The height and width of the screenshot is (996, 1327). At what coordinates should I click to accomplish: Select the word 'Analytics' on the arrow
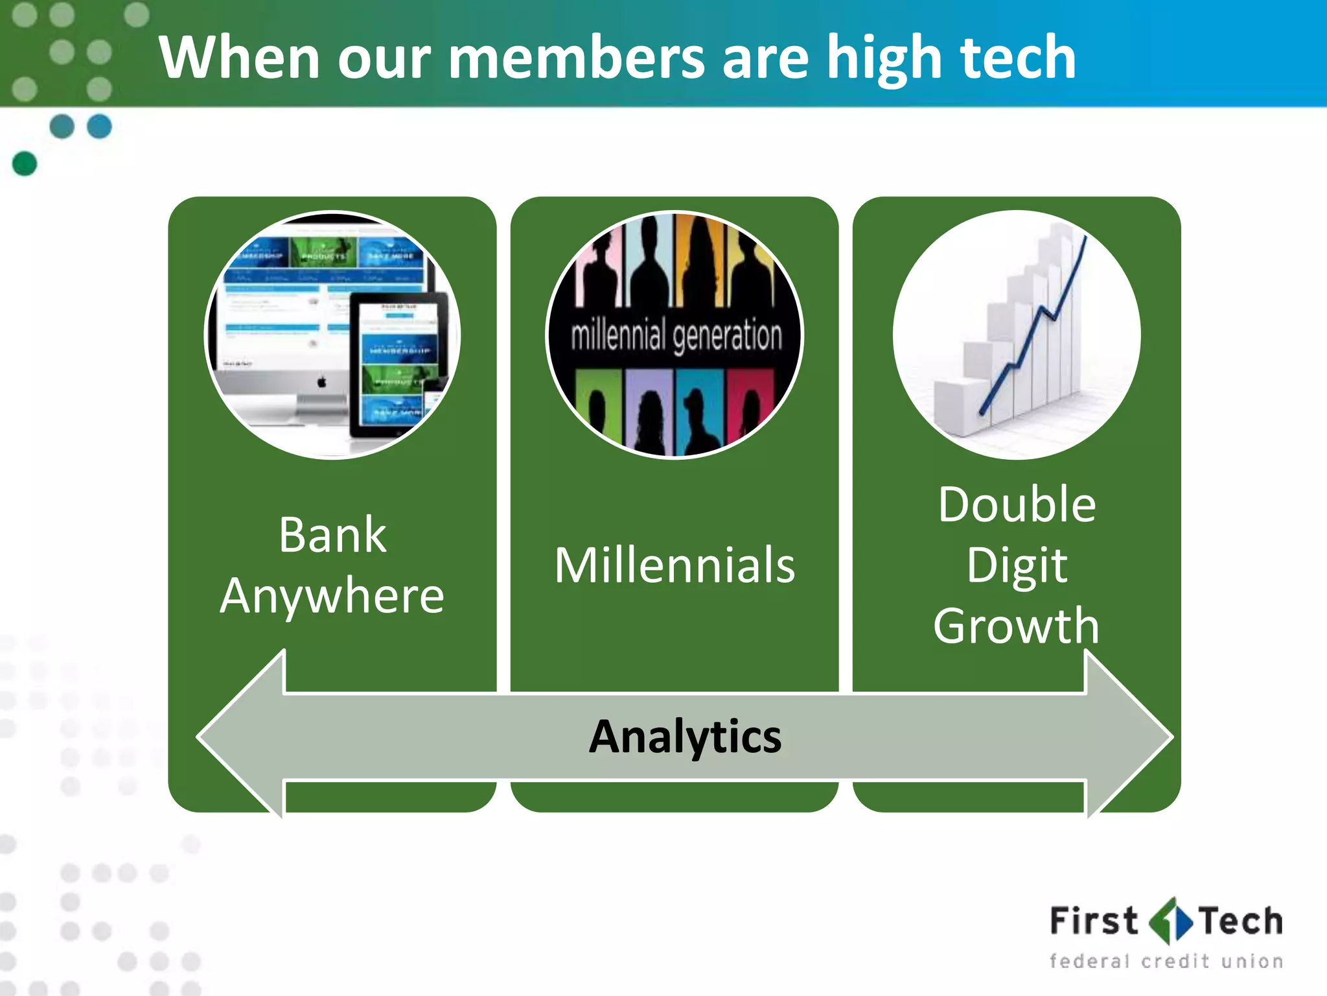[x=685, y=737]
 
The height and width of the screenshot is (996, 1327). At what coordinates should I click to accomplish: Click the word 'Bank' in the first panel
[x=332, y=535]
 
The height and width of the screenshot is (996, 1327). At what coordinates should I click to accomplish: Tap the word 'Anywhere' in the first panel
[x=332, y=595]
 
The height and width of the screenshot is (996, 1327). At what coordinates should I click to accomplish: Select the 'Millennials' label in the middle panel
[x=675, y=565]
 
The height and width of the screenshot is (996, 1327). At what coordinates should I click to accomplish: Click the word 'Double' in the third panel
[x=1017, y=504]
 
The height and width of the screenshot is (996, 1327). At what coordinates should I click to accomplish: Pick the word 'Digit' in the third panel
[x=1017, y=565]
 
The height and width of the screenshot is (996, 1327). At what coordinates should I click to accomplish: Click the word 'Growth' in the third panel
[x=1017, y=626]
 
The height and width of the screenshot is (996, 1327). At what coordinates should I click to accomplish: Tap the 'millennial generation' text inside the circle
[x=676, y=335]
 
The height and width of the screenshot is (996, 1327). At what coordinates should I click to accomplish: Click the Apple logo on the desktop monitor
[x=322, y=382]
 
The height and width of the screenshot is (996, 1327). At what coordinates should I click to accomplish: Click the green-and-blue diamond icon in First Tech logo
[x=1170, y=921]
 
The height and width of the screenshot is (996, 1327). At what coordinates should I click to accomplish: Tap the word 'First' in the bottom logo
[x=1094, y=921]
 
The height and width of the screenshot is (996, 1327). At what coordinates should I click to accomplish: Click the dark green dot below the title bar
[x=25, y=163]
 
